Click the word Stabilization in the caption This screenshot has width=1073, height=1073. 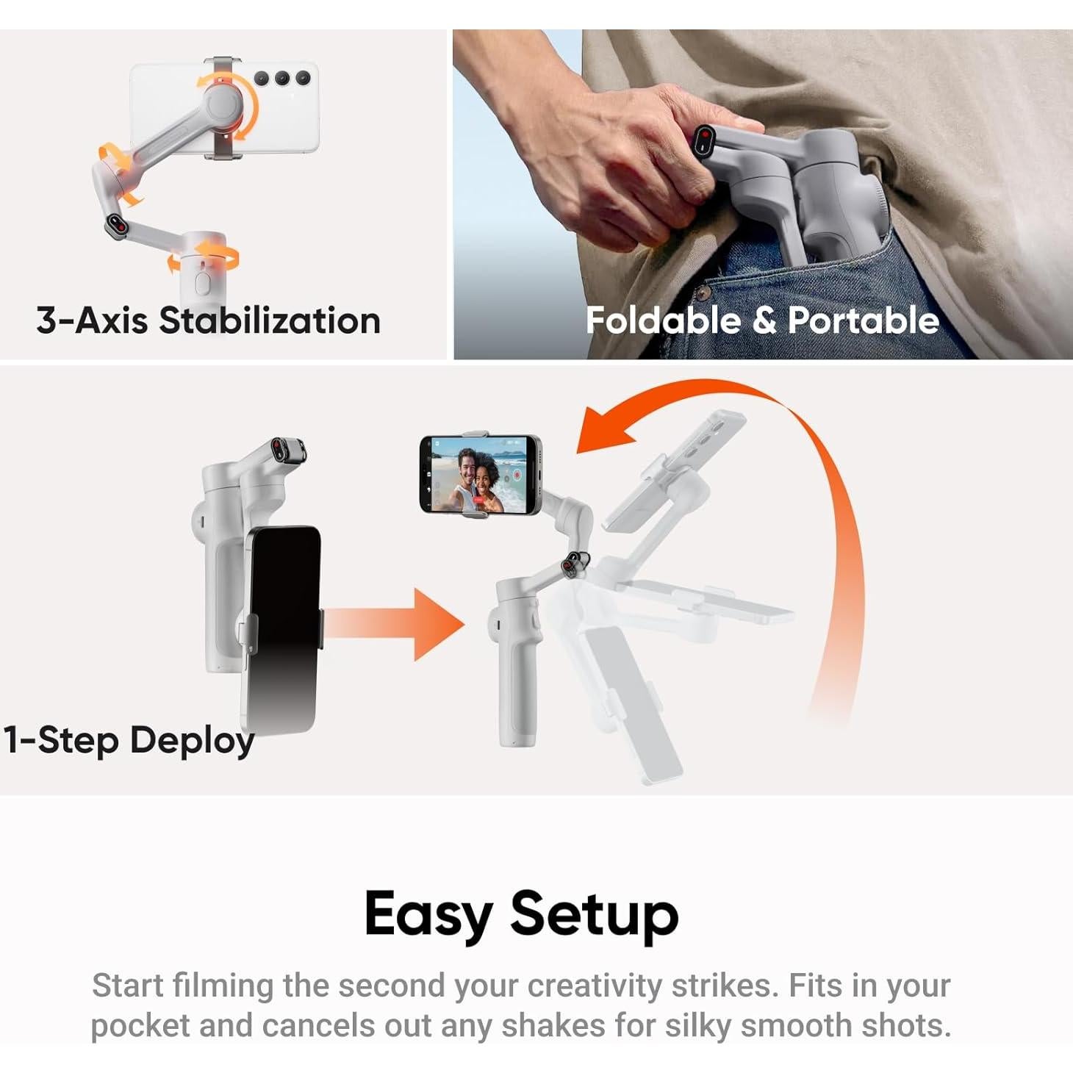(270, 321)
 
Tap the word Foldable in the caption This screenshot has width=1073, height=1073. (663, 320)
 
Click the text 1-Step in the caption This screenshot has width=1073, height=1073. (61, 739)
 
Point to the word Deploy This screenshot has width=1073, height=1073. (193, 741)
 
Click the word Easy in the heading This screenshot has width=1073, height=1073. (428, 914)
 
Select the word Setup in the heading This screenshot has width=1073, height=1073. (594, 914)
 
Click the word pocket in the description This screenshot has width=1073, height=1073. (140, 1025)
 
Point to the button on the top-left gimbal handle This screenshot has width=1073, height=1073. (204, 282)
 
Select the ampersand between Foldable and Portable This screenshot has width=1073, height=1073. (764, 320)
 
